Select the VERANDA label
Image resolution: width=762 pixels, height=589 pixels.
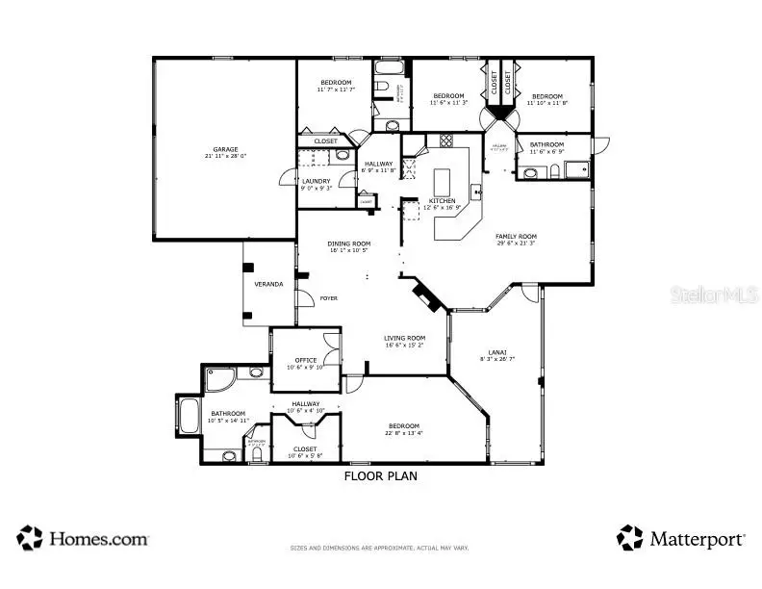click(x=268, y=284)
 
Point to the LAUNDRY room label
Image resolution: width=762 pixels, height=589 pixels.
click(x=316, y=181)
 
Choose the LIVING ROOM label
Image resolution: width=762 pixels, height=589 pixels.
click(x=404, y=338)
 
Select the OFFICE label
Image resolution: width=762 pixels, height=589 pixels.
click(x=306, y=360)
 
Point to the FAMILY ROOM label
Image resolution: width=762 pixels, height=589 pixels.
click(x=516, y=236)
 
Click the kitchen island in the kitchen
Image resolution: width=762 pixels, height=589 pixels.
click(x=443, y=182)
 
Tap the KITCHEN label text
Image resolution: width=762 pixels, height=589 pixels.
click(x=429, y=200)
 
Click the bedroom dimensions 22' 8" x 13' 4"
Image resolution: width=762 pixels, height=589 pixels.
click(x=403, y=433)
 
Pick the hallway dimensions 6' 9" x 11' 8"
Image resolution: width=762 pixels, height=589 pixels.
click(x=378, y=171)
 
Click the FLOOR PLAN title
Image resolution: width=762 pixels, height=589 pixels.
click(x=380, y=475)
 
